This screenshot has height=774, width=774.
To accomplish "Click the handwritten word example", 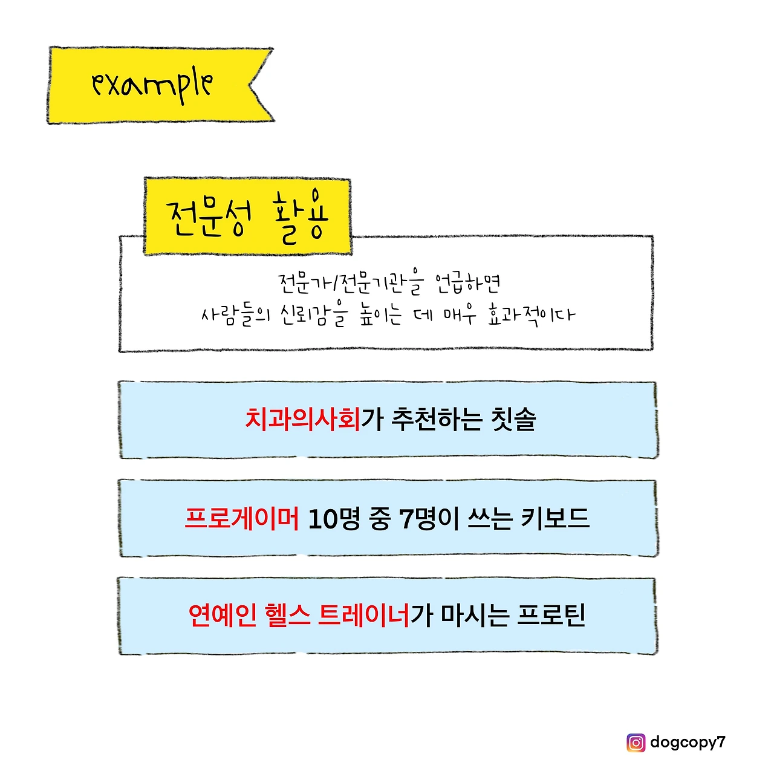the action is [152, 85].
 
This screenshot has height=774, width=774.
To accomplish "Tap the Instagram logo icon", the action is [636, 742].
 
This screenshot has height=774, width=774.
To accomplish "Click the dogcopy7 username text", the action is [688, 742].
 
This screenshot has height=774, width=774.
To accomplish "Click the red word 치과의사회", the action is [302, 419].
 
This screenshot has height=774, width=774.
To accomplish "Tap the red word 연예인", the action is [223, 616].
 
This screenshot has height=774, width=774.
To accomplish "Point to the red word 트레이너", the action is [365, 616].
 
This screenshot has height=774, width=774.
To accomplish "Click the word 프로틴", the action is [551, 616].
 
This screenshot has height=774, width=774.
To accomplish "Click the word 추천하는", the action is [437, 419].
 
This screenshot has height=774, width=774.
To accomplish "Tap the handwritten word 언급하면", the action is [467, 283].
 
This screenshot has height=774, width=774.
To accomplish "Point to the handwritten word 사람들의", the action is [235, 316].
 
